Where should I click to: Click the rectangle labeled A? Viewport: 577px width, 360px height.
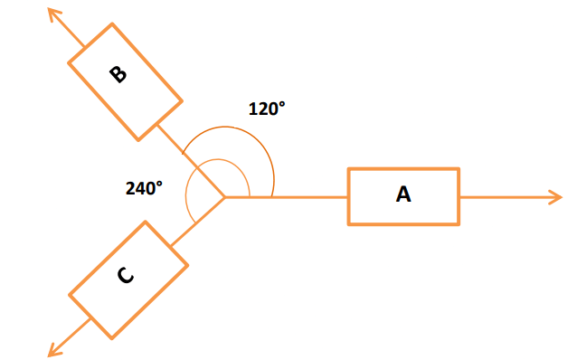click(403, 195)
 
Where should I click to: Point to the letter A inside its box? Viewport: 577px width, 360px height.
click(403, 194)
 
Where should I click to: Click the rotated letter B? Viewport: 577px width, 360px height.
click(118, 74)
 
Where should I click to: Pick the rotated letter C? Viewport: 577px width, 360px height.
click(126, 277)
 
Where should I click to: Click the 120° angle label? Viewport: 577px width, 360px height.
click(267, 109)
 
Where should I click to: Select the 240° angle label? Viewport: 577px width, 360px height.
click(144, 188)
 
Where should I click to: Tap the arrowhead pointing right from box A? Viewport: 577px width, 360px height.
click(556, 197)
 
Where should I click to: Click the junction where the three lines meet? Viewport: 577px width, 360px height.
click(225, 197)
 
